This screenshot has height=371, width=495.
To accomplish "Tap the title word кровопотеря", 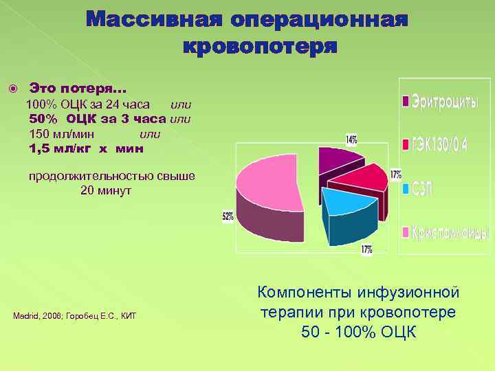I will (x=261, y=46).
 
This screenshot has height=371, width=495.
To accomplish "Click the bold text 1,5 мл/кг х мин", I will (x=86, y=148).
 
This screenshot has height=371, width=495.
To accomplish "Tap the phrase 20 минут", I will (x=106, y=190).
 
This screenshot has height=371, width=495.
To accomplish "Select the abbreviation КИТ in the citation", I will (x=128, y=316).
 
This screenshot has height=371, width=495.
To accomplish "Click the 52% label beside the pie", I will (x=228, y=216).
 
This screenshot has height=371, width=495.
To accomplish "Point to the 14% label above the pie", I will (x=351, y=139).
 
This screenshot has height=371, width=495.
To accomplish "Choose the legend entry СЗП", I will (x=424, y=189).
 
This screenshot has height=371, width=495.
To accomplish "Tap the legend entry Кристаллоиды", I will (x=450, y=233).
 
